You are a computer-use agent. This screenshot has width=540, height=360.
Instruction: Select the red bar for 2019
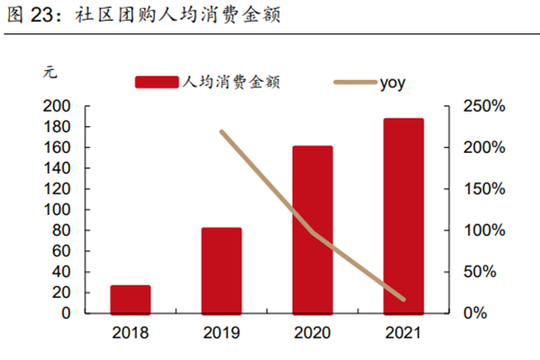tap(221, 270)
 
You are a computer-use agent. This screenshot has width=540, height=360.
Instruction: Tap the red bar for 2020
tap(313, 229)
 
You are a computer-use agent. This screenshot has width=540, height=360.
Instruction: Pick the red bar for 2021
tap(404, 216)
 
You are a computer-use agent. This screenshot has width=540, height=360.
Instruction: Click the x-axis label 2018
tap(130, 334)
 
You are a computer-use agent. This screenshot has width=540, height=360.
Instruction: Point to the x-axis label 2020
tap(313, 334)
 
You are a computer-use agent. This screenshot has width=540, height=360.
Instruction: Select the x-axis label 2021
tap(404, 334)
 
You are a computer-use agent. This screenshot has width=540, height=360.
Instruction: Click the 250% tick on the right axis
tap(485, 106)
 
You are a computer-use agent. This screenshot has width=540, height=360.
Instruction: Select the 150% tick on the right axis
tap(485, 189)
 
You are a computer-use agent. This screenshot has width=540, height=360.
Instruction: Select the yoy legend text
tap(393, 82)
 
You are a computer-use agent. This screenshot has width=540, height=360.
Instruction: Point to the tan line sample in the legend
tap(355, 82)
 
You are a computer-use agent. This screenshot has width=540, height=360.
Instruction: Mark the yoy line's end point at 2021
tap(404, 300)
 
